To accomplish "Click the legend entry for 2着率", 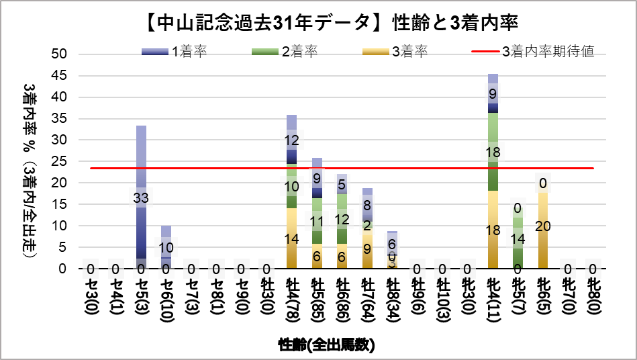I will point(285,52).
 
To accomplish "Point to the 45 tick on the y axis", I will point(60,76).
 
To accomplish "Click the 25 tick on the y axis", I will point(60,161).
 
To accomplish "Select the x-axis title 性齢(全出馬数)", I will point(326,345).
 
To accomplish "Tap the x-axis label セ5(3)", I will point(141,298).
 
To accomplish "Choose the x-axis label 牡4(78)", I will point(291,300).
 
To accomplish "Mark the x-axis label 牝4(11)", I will point(493,300).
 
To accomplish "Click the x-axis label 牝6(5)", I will point(543,298).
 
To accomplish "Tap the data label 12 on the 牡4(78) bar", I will point(291,141).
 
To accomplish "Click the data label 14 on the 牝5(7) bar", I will point(518,238).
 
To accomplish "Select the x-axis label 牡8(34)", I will point(392,300).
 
